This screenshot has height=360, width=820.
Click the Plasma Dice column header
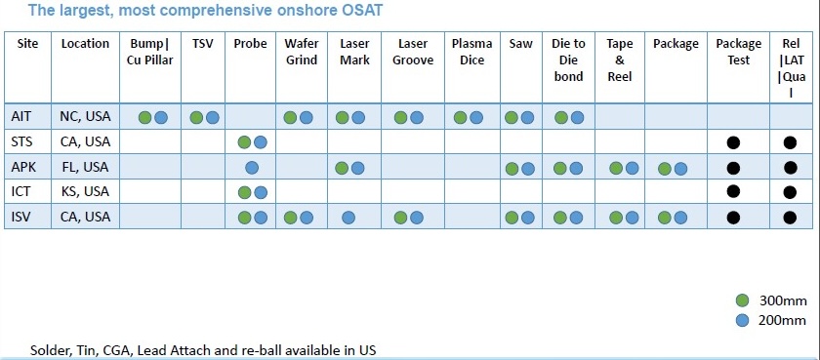[471, 52]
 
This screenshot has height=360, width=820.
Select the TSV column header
[203, 44]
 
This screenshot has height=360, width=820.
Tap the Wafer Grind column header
[302, 52]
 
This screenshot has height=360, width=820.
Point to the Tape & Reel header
[620, 60]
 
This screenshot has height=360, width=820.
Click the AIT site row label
[20, 116]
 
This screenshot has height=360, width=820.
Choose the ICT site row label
[20, 191]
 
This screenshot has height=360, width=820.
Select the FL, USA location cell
[85, 167]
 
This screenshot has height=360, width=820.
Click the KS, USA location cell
[85, 191]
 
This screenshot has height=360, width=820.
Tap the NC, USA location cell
[85, 116]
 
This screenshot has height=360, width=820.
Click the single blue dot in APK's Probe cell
[252, 168]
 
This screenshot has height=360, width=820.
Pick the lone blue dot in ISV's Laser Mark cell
[348, 218]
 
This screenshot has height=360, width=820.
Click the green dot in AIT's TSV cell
[196, 118]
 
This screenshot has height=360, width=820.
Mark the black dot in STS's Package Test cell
[734, 142]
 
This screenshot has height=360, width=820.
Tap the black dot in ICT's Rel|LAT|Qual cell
[790, 192]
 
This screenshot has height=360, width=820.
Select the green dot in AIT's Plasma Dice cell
[460, 118]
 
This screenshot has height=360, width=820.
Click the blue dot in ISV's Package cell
[680, 218]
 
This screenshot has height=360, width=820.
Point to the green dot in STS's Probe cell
[244, 142]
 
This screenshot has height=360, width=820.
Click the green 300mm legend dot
[742, 300]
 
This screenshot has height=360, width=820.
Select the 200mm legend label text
[783, 320]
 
